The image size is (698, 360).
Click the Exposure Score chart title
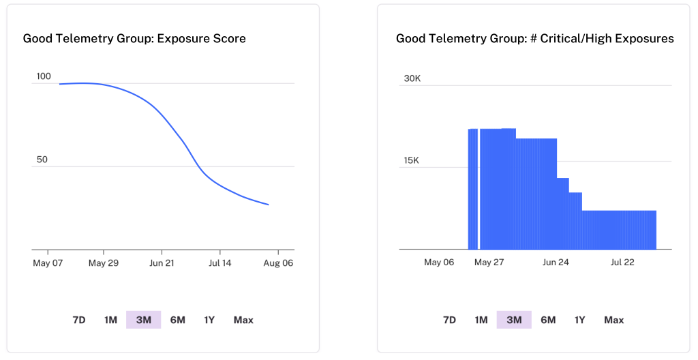pos(134,39)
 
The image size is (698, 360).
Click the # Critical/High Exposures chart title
pos(534,39)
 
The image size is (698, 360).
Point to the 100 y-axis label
pos(44,76)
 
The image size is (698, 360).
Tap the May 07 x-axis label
pos(48,262)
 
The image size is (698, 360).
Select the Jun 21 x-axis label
pos(162,262)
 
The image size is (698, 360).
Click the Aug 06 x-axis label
pos(278,262)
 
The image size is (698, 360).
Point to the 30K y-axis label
pos(412,78)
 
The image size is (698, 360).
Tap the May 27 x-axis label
pos(489,262)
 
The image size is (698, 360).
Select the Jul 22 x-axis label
pos(622,262)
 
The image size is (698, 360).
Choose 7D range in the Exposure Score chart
pos(79,320)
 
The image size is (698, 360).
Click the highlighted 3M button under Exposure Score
pos(144,320)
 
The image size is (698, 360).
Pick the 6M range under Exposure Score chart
pos(177,320)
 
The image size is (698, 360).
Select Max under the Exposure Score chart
pos(243,320)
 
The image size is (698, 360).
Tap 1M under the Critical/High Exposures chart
pos(481,320)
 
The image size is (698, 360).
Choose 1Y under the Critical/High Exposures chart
pos(579,320)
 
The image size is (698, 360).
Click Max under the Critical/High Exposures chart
pos(613,320)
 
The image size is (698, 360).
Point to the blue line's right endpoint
pos(269,205)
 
